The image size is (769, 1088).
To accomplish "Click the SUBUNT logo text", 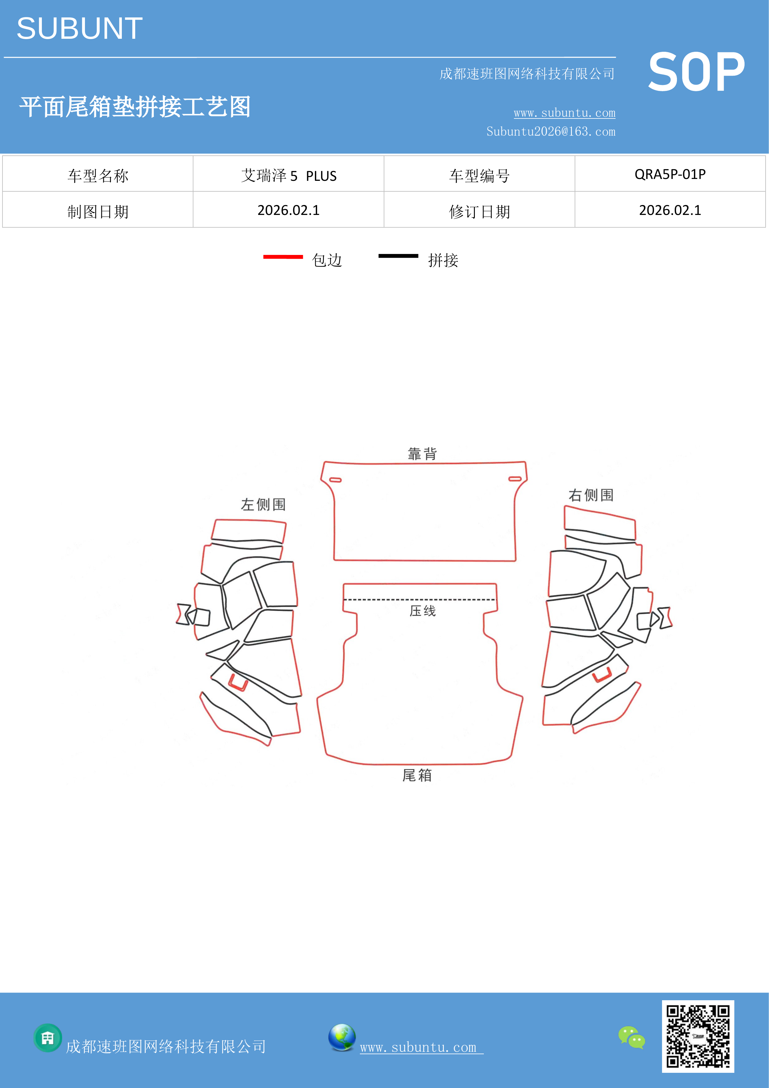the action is pyautogui.click(x=80, y=29).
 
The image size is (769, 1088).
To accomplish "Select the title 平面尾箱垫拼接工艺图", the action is pyautogui.click(x=135, y=107).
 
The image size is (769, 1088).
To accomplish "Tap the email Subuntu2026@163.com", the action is pyautogui.click(x=551, y=131).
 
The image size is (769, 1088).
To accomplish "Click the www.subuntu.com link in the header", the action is pyautogui.click(x=564, y=113).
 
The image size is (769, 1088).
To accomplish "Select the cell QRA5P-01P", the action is pyautogui.click(x=670, y=174).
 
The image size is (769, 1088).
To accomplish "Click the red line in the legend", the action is pyautogui.click(x=283, y=257).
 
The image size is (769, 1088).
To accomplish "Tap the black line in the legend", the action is pyautogui.click(x=398, y=256).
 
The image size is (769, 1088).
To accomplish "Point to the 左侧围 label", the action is pyautogui.click(x=263, y=504).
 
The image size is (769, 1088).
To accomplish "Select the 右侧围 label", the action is pyautogui.click(x=591, y=495).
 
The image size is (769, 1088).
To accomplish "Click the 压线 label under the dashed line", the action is pyautogui.click(x=422, y=610).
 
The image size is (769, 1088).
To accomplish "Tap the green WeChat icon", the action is pyautogui.click(x=632, y=1037).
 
